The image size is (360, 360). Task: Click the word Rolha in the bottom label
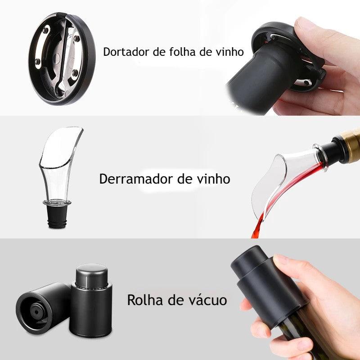click(x=143, y=300)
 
